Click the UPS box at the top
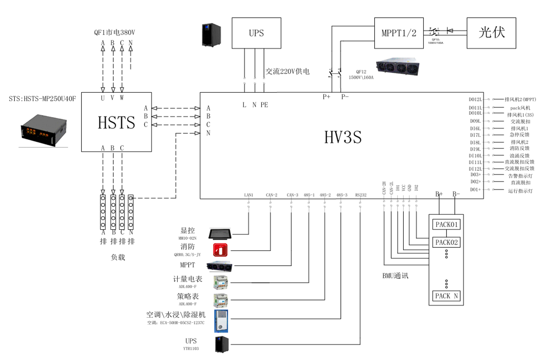(256, 33)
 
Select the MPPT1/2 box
(399, 33)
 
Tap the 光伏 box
(491, 33)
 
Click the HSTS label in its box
(116, 122)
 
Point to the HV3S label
(342, 137)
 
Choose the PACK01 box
(446, 225)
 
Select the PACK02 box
(446, 242)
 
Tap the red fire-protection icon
(220, 250)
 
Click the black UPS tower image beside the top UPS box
(211, 35)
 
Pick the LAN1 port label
(249, 195)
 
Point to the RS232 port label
(361, 195)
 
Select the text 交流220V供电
(287, 71)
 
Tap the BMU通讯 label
(395, 276)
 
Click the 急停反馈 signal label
(519, 135)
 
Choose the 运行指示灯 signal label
(520, 191)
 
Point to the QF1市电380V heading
(114, 33)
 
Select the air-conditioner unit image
(221, 321)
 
